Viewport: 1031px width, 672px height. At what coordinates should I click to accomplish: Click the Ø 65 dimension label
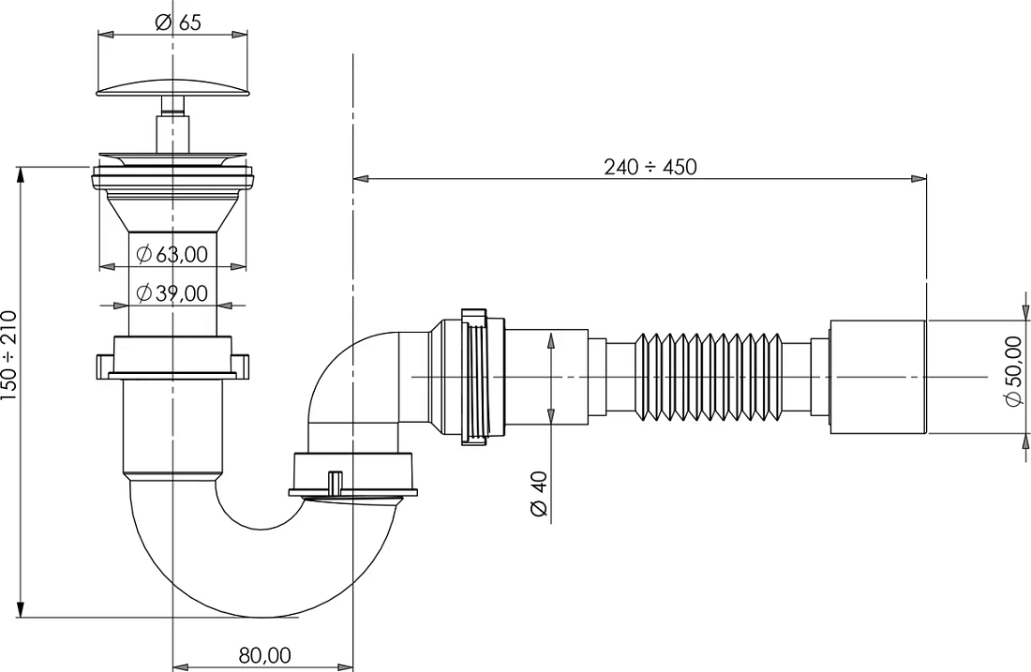[x=178, y=22]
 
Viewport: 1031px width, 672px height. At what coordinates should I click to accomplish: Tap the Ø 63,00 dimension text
[x=172, y=254]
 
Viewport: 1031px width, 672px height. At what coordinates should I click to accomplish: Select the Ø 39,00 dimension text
[x=172, y=292]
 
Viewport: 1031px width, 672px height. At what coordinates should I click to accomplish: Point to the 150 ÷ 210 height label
[x=9, y=356]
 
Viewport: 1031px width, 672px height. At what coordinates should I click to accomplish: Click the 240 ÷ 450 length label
[x=650, y=167]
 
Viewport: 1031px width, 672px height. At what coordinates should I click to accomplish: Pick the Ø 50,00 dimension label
[x=1014, y=370]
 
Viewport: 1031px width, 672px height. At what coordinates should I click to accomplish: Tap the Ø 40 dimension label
[x=539, y=495]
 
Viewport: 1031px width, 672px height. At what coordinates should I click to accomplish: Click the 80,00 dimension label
[x=264, y=655]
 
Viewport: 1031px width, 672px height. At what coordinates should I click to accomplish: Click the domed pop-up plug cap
[x=173, y=85]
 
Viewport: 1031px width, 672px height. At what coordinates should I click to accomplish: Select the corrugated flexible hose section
[x=708, y=376]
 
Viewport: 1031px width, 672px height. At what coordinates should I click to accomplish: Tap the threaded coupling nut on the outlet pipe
[x=475, y=377]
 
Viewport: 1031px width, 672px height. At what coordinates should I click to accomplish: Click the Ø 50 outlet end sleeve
[x=878, y=377]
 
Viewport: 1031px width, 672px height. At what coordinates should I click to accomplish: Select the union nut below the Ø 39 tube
[x=172, y=358]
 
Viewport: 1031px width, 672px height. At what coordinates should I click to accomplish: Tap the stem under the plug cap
[x=172, y=125]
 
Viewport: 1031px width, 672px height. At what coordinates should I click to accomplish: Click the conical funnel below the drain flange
[x=172, y=211]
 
